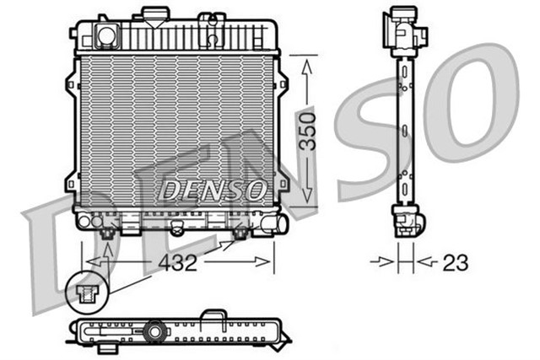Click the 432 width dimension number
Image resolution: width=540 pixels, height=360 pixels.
coord(177,263)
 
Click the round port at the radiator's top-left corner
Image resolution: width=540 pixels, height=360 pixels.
coord(106,35)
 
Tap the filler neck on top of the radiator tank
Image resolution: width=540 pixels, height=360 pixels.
coord(154,14)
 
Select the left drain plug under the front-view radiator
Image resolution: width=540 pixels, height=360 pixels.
coord(107,234)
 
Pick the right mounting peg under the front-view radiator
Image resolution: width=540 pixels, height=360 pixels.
coord(240,232)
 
